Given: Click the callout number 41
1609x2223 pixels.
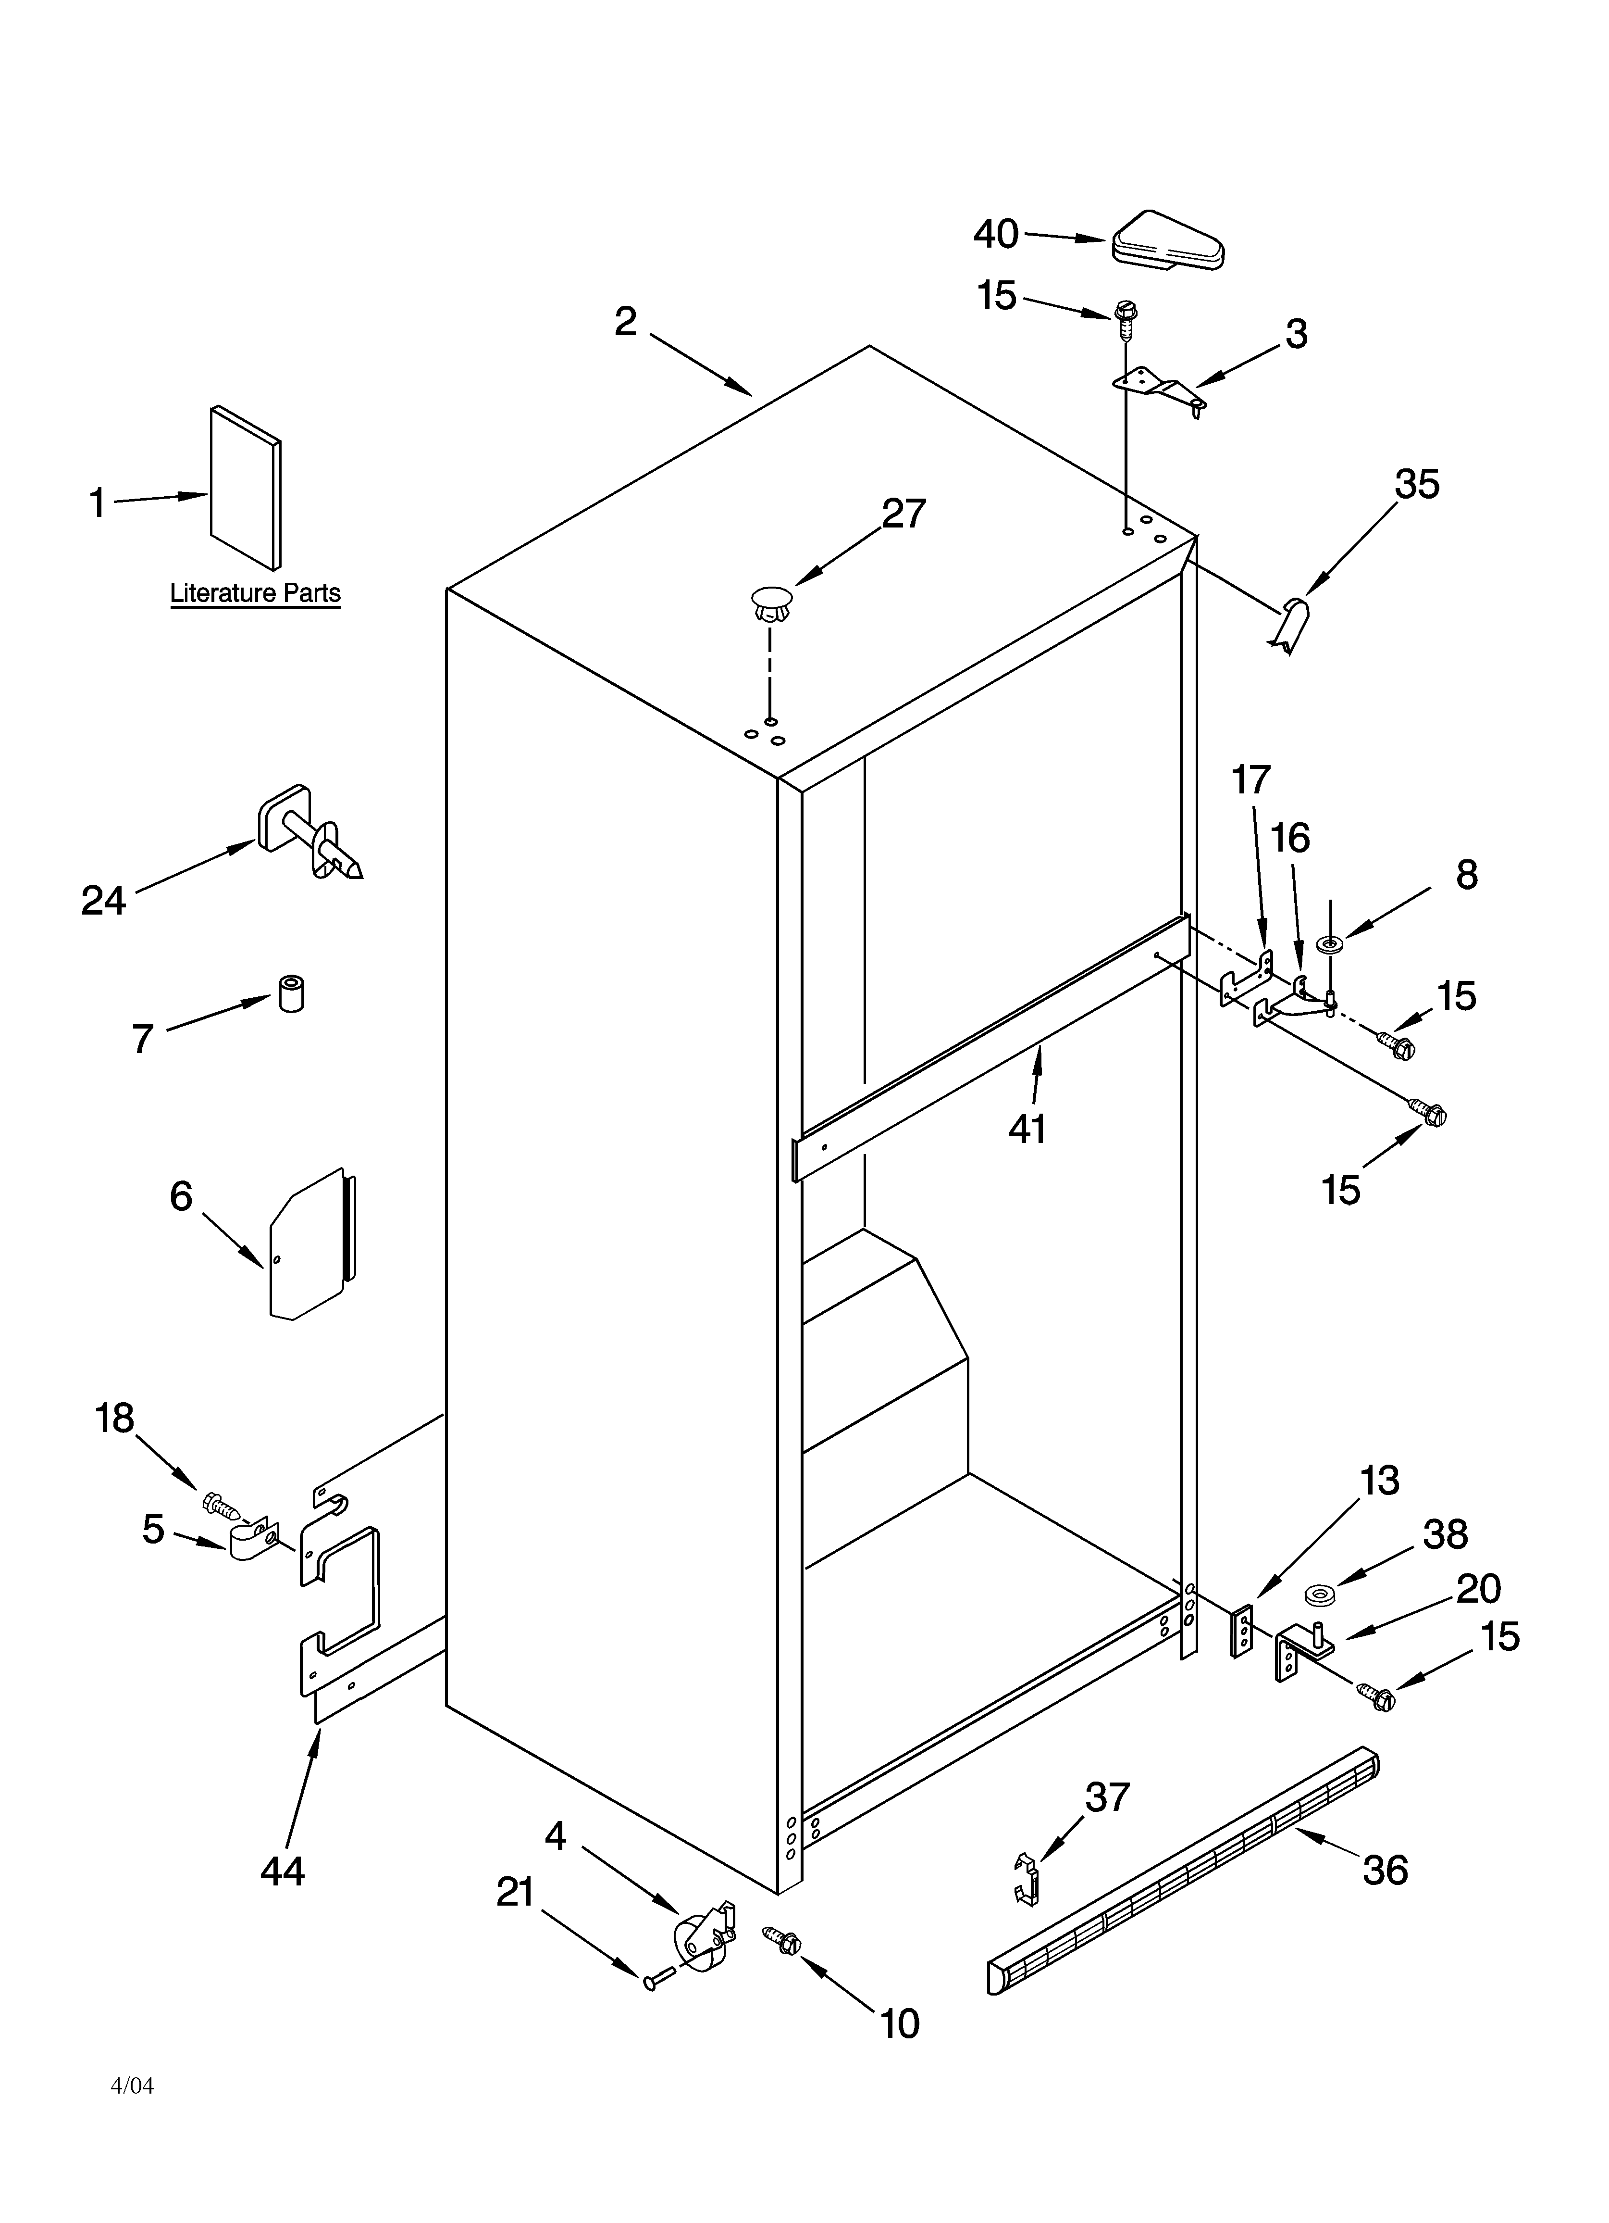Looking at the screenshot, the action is click(x=1027, y=1129).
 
